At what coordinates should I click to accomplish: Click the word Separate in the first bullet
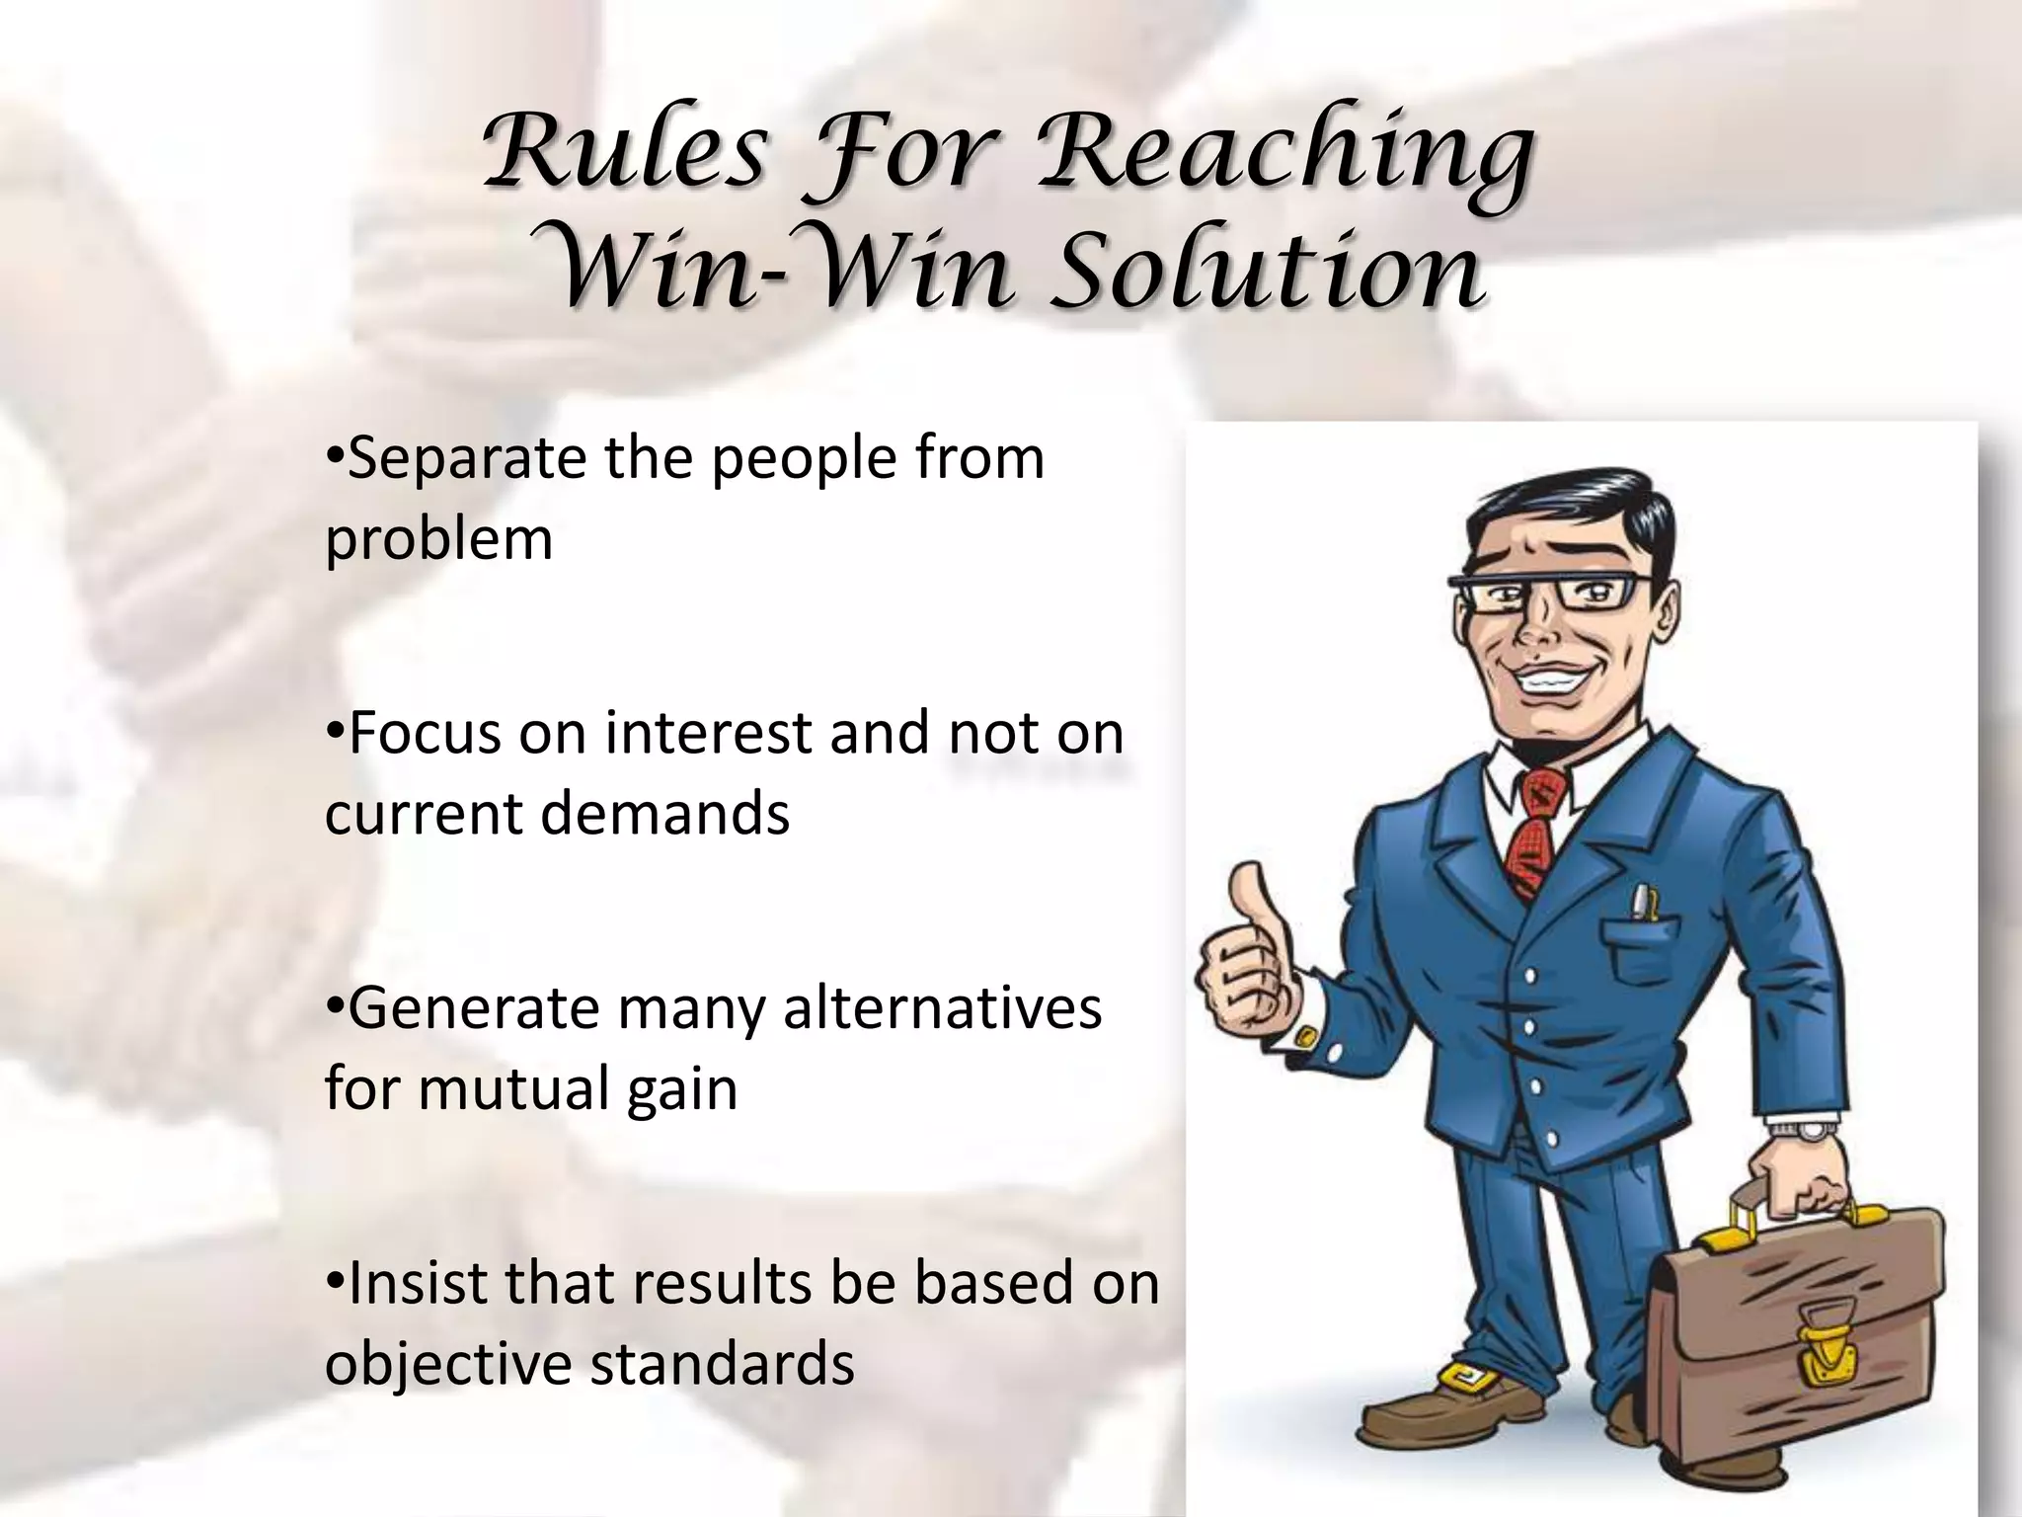[x=465, y=458]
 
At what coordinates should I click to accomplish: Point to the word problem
[x=438, y=539]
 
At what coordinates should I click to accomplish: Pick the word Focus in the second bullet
[x=425, y=733]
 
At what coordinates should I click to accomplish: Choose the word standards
[x=722, y=1363]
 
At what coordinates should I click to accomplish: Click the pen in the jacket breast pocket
[x=1640, y=904]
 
